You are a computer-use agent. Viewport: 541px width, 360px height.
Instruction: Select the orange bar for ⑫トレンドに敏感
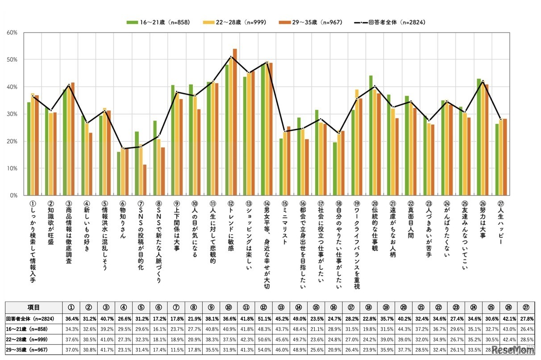pos(235,122)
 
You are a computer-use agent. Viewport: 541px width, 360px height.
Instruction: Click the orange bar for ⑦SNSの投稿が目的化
pos(145,180)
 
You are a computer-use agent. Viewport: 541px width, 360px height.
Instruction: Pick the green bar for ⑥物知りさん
pos(119,174)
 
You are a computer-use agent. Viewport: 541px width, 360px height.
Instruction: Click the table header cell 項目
pos(33,307)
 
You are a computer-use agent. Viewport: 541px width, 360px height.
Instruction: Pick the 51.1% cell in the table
pos(264,319)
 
